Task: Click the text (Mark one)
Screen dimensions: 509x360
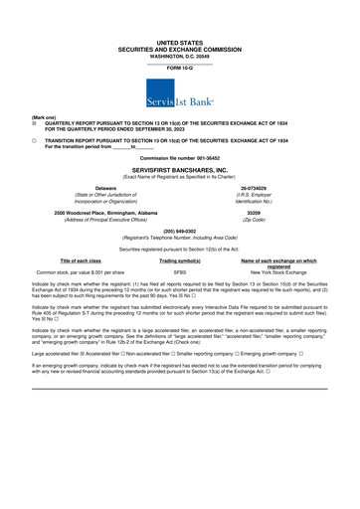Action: (16, 115)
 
